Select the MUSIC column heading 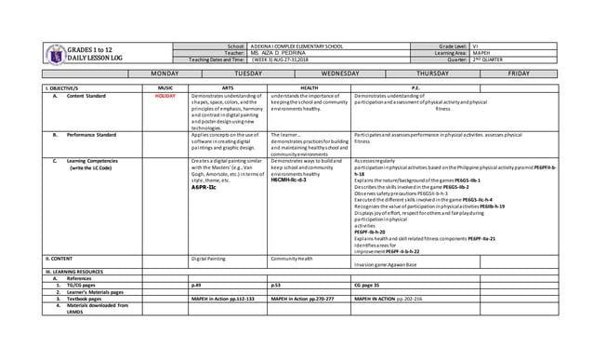[x=165, y=87]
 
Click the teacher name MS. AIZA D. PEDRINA [x=277, y=53]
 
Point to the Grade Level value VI [x=475, y=45]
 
